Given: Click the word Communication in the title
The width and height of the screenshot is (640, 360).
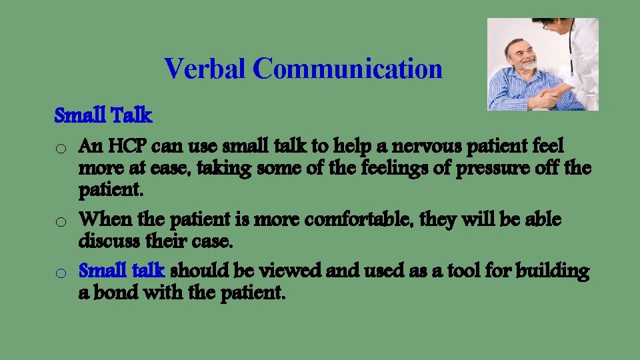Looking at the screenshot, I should click(347, 69).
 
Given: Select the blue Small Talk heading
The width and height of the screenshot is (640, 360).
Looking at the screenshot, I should click(103, 116).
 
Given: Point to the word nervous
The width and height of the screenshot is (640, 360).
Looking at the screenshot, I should click(372, 145).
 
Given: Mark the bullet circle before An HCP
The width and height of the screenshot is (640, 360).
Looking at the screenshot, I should click(60, 147).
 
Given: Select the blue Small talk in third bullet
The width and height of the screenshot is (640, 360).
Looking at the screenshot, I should click(122, 271).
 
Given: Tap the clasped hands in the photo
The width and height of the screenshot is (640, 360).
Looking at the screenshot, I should click(548, 99).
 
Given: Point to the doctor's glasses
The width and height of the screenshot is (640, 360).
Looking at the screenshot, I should click(545, 25).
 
